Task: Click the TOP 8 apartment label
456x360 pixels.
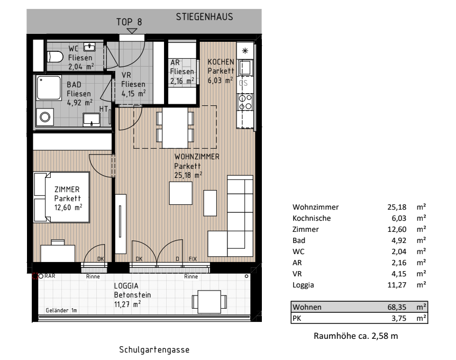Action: (129, 22)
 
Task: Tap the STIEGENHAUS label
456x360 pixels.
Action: (204, 17)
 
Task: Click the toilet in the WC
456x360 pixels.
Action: (55, 57)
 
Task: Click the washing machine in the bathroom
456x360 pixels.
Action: (45, 116)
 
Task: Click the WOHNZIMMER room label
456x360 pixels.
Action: (197, 157)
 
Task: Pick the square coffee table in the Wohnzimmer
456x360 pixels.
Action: (181, 193)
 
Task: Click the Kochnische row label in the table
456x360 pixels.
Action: (311, 218)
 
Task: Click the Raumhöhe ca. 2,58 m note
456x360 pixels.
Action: (355, 336)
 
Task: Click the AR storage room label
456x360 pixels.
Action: (176, 62)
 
